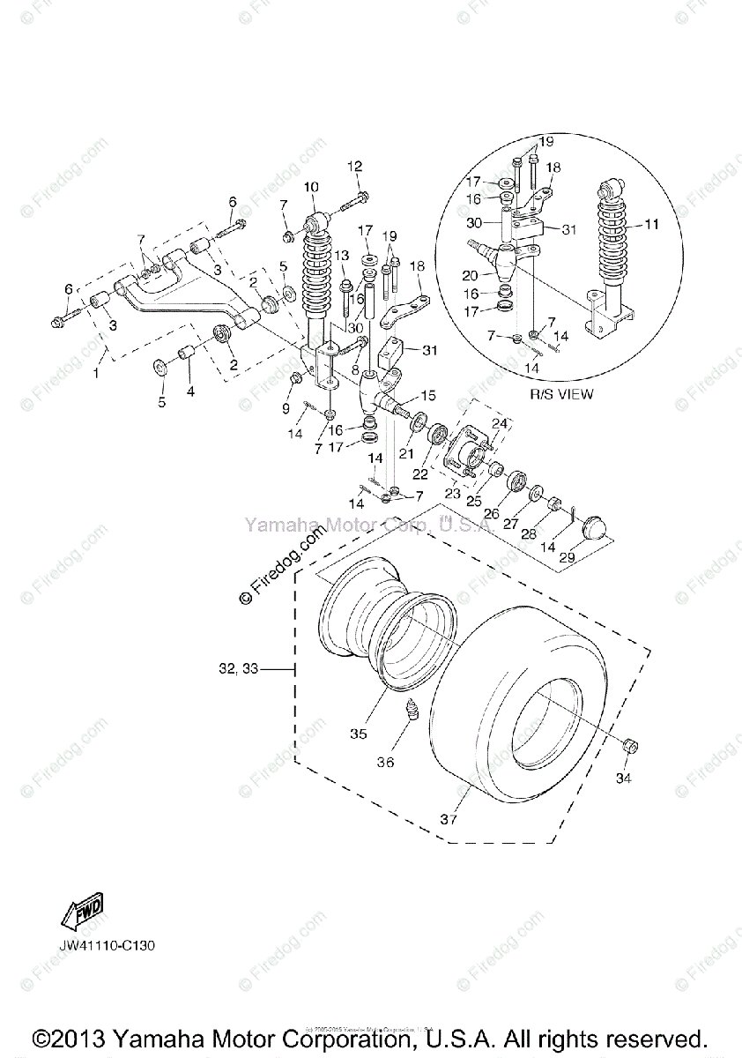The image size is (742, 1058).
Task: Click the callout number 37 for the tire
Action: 450,819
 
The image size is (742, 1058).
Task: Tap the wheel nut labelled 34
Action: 628,747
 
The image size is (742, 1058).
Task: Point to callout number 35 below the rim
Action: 358,734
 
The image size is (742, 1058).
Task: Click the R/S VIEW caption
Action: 561,394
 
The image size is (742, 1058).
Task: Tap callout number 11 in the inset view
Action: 651,225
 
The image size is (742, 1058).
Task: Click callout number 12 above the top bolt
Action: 354,166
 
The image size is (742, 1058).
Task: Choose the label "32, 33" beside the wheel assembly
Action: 237,669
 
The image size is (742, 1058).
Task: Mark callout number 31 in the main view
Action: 429,350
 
